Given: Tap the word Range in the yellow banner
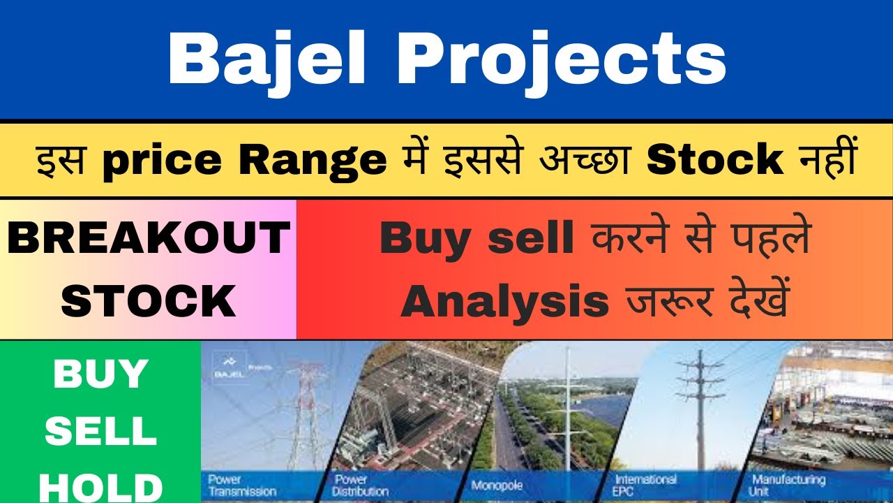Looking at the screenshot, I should [x=313, y=161].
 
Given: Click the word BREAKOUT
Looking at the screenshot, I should [x=149, y=238].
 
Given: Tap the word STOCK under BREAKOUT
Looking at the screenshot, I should [x=149, y=301].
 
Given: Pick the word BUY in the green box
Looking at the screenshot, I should [x=100, y=375].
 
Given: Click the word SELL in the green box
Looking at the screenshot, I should [x=100, y=432].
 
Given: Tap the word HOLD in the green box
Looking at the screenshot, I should [x=100, y=486].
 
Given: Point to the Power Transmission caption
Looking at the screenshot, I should [x=241, y=485].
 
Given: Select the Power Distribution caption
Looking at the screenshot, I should [x=361, y=485].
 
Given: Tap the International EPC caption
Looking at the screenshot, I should [x=645, y=485].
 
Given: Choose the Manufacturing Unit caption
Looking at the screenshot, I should [x=788, y=485].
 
